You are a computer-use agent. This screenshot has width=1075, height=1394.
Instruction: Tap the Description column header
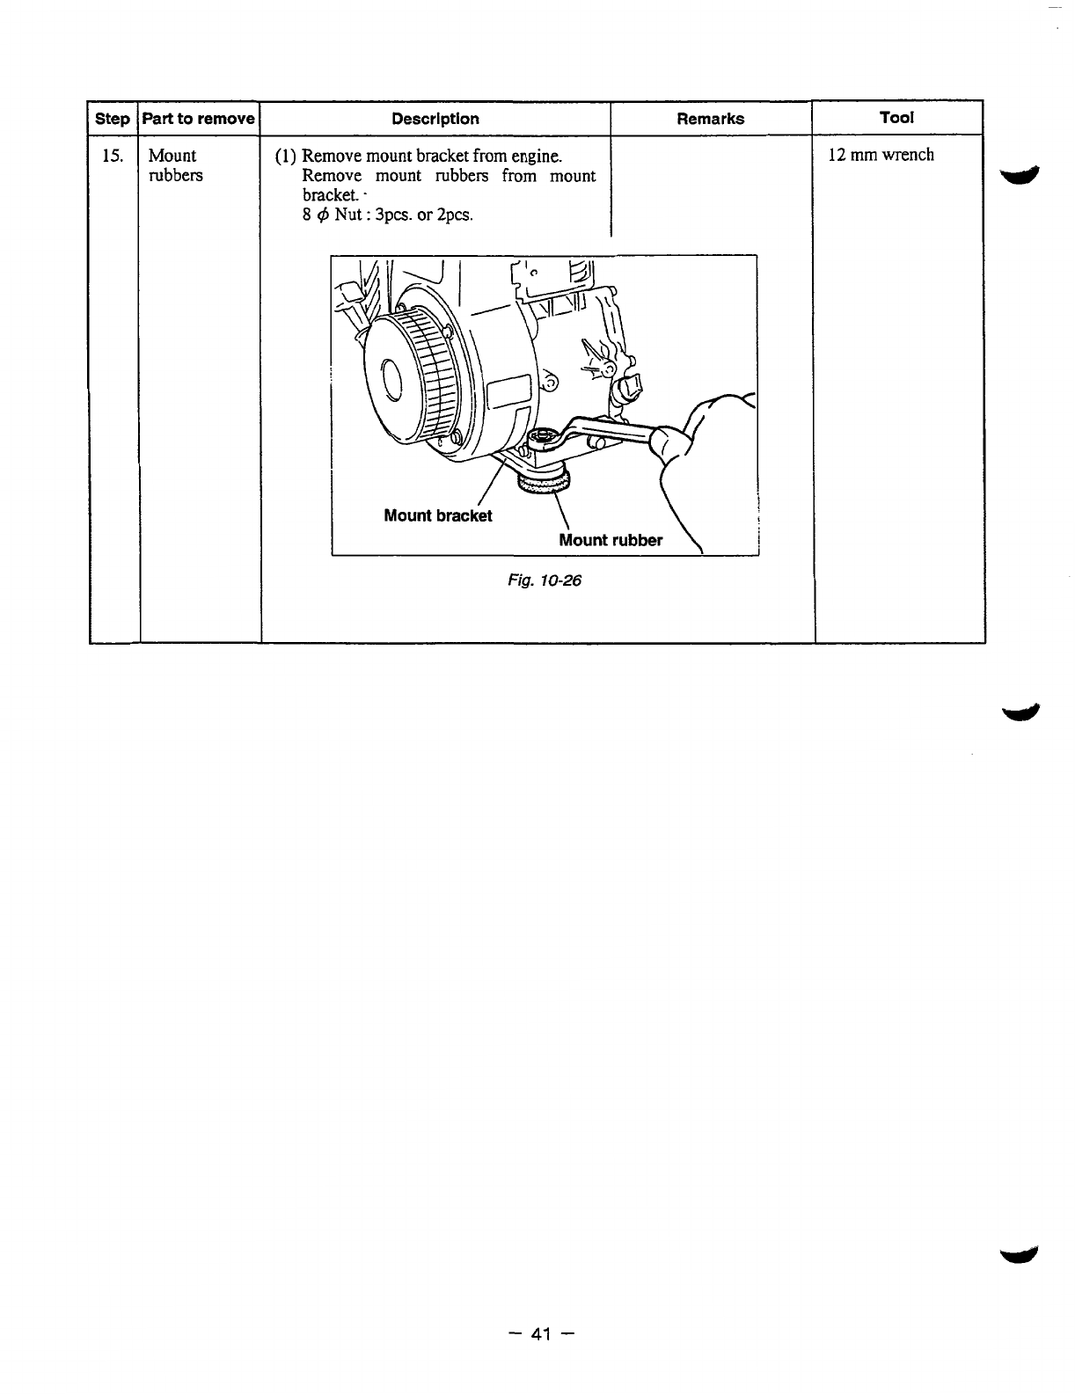coord(435,119)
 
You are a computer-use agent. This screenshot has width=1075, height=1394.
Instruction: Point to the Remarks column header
coord(710,119)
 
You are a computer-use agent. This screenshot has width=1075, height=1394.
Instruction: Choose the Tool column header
coord(896,117)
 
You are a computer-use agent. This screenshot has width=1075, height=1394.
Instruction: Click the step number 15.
coord(111,157)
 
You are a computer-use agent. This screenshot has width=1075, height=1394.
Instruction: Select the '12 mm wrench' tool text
coord(881,156)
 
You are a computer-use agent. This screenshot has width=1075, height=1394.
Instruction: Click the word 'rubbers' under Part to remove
coord(175,175)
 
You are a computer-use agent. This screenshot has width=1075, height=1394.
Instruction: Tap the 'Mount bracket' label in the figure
coord(438,515)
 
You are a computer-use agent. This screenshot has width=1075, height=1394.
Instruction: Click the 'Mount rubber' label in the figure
coord(611,540)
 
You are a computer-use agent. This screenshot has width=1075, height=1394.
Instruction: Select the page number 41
coord(540,1334)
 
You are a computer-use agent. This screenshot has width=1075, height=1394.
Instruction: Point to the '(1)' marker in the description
coord(284,157)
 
